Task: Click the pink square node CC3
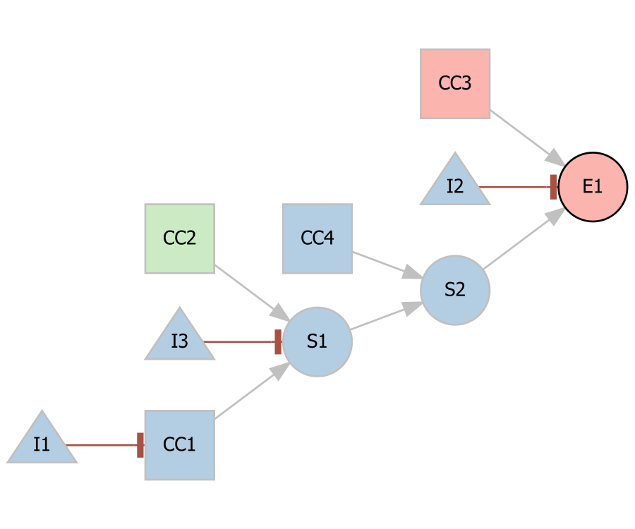455,83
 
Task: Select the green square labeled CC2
180,238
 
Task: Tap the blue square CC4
317,238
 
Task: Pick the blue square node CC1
180,445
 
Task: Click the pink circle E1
593,187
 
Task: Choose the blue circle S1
317,341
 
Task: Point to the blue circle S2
455,290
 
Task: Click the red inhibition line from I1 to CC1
102,445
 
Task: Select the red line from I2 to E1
515,187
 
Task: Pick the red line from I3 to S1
240,341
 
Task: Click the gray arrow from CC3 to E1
522,134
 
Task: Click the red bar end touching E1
553,187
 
